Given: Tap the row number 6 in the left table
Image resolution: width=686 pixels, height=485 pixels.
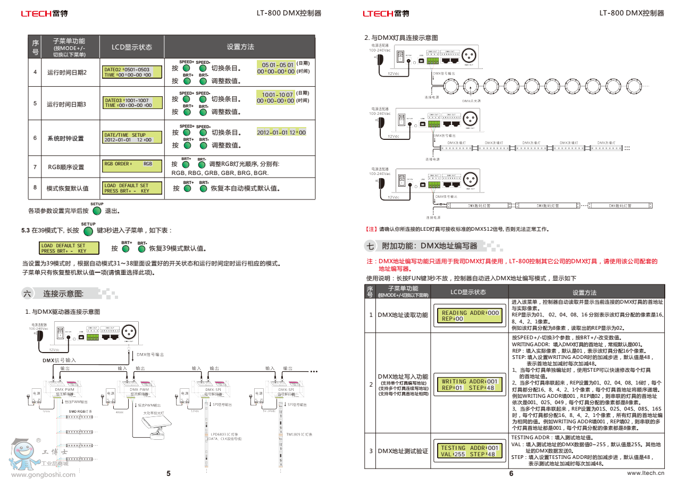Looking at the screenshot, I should tap(35, 138).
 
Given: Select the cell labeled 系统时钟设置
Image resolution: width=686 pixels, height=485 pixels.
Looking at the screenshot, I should tap(65, 139).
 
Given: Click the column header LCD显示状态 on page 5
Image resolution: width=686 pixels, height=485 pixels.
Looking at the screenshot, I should tap(131, 47).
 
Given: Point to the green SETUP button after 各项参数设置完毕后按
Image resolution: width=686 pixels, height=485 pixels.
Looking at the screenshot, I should tap(97, 211).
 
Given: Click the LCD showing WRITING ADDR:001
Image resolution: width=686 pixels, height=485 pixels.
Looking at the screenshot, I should tap(470, 384).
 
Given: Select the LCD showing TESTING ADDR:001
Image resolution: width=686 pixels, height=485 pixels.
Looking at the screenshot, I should tap(470, 451).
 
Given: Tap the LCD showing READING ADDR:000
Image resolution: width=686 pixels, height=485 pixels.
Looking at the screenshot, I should tap(470, 316).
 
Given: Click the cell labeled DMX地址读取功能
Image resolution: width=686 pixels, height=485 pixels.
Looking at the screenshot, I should tap(403, 315).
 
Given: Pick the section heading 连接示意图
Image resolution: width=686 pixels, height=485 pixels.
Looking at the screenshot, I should tap(63, 294).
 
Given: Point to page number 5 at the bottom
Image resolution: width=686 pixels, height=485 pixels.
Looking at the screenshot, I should tap(169, 474).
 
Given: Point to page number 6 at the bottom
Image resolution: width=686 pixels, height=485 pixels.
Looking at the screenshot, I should tap(511, 474).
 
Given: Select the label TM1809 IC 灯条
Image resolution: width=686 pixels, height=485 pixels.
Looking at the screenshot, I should tap(299, 434).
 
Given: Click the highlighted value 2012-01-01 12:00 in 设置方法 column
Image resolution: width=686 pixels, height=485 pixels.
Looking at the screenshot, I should tap(281, 132).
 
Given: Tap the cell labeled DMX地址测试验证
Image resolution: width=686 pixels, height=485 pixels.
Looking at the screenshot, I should tap(403, 451).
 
